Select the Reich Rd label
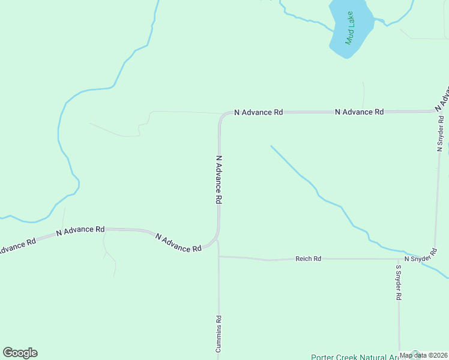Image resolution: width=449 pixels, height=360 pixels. click(x=308, y=259)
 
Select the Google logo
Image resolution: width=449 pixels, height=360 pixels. click(x=20, y=353)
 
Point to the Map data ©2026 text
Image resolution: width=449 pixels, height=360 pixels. click(x=424, y=355)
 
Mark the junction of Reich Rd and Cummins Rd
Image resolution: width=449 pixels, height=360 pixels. click(x=218, y=257)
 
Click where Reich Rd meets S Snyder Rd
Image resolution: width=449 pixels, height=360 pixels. click(x=398, y=259)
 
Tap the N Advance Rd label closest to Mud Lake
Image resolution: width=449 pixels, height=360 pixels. click(x=359, y=112)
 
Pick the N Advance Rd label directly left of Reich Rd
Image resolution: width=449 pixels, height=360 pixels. click(x=178, y=243)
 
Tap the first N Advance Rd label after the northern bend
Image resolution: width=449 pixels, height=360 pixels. click(x=258, y=112)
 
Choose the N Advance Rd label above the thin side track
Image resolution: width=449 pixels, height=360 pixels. click(x=80, y=230)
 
